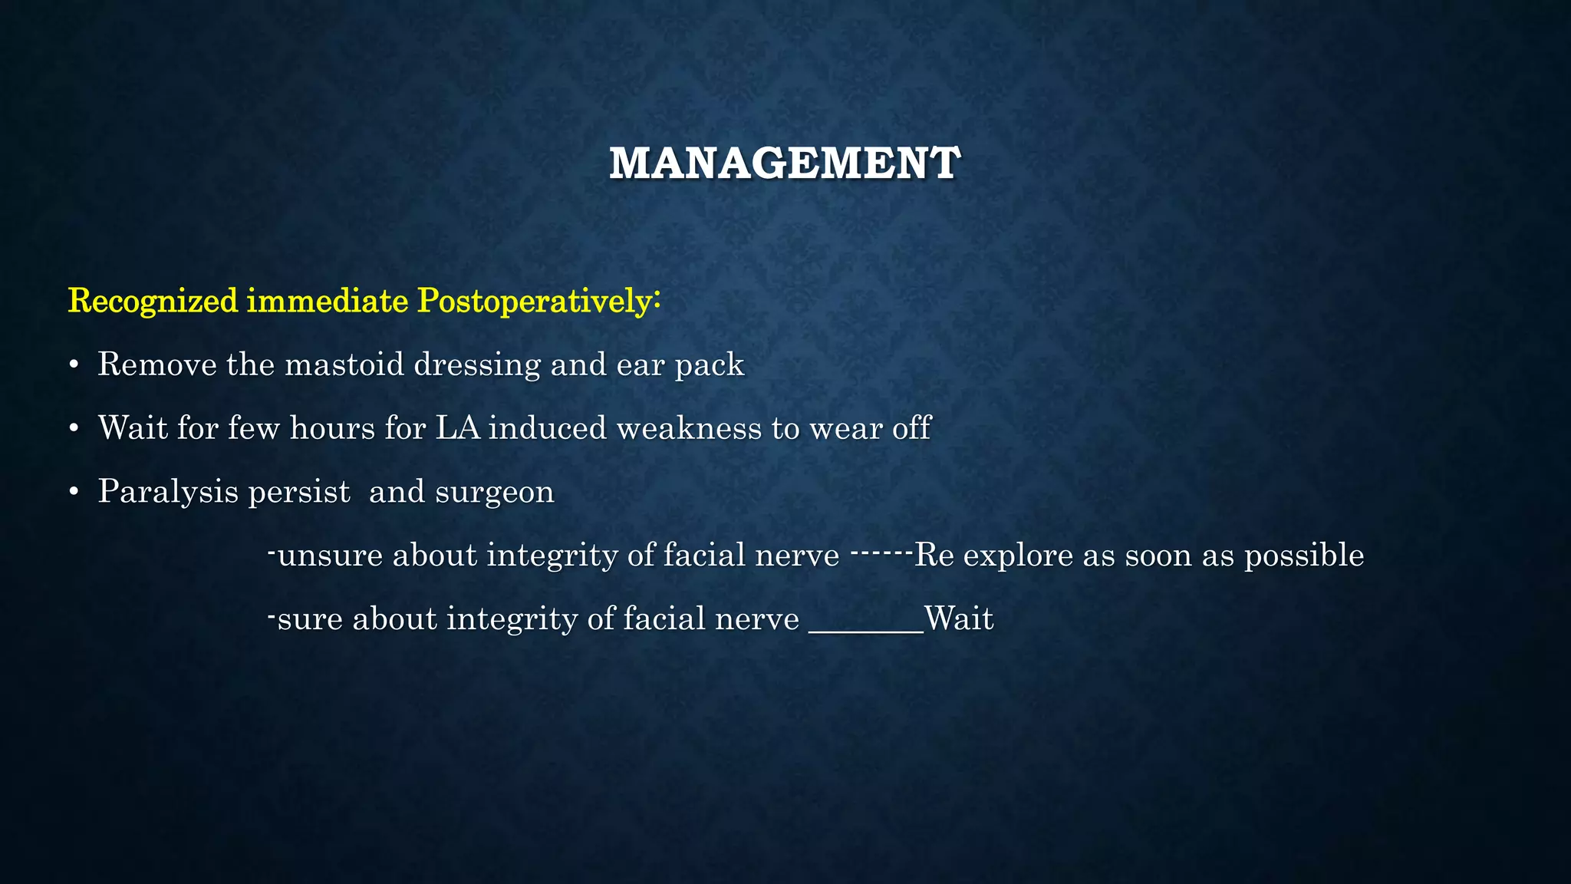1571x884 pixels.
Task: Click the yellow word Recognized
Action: pos(153,301)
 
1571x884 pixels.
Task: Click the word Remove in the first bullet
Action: pos(157,364)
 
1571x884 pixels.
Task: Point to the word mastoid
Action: pos(344,364)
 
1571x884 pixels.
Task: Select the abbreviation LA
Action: pos(457,428)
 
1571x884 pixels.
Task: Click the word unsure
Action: pos(330,556)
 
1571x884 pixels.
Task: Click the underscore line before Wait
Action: pos(866,631)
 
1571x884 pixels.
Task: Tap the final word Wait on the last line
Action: pos(959,618)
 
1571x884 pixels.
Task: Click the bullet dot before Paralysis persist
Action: pos(74,493)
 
